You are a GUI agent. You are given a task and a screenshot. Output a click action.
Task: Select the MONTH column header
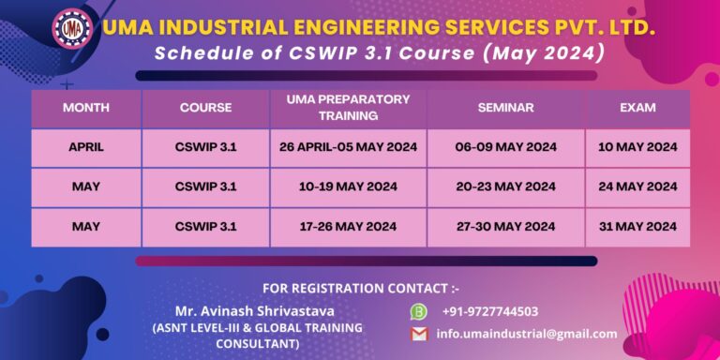pos(86,108)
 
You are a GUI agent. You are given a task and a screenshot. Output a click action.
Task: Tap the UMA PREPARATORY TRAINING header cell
pos(349,108)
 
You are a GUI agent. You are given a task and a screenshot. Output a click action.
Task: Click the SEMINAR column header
pos(505,108)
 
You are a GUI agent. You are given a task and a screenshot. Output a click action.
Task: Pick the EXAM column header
pos(637,108)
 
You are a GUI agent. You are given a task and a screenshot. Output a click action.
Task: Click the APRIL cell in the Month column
pos(86,147)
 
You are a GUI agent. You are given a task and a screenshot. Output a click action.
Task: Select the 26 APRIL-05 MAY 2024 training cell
pos(349,147)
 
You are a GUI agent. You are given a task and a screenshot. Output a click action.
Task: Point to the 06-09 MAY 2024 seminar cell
pos(505,147)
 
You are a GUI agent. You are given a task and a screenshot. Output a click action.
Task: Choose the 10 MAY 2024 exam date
pos(637,147)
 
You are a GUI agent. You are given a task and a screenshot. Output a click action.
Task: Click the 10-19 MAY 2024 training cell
pos(349,187)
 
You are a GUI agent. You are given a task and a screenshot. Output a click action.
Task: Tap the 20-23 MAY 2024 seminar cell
pos(505,187)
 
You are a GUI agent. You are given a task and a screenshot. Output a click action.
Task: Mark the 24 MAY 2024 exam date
pos(637,187)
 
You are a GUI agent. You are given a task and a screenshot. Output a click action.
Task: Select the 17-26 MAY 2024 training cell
pos(349,227)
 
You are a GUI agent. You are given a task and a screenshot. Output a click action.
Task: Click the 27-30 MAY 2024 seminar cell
pos(505,227)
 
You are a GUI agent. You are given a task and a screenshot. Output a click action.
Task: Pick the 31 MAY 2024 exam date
pos(637,227)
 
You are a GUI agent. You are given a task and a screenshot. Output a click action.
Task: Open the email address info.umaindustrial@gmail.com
pos(527,334)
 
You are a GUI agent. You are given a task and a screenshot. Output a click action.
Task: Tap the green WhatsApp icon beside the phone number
pos(419,311)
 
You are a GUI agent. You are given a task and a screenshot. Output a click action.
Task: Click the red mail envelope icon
pos(419,334)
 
